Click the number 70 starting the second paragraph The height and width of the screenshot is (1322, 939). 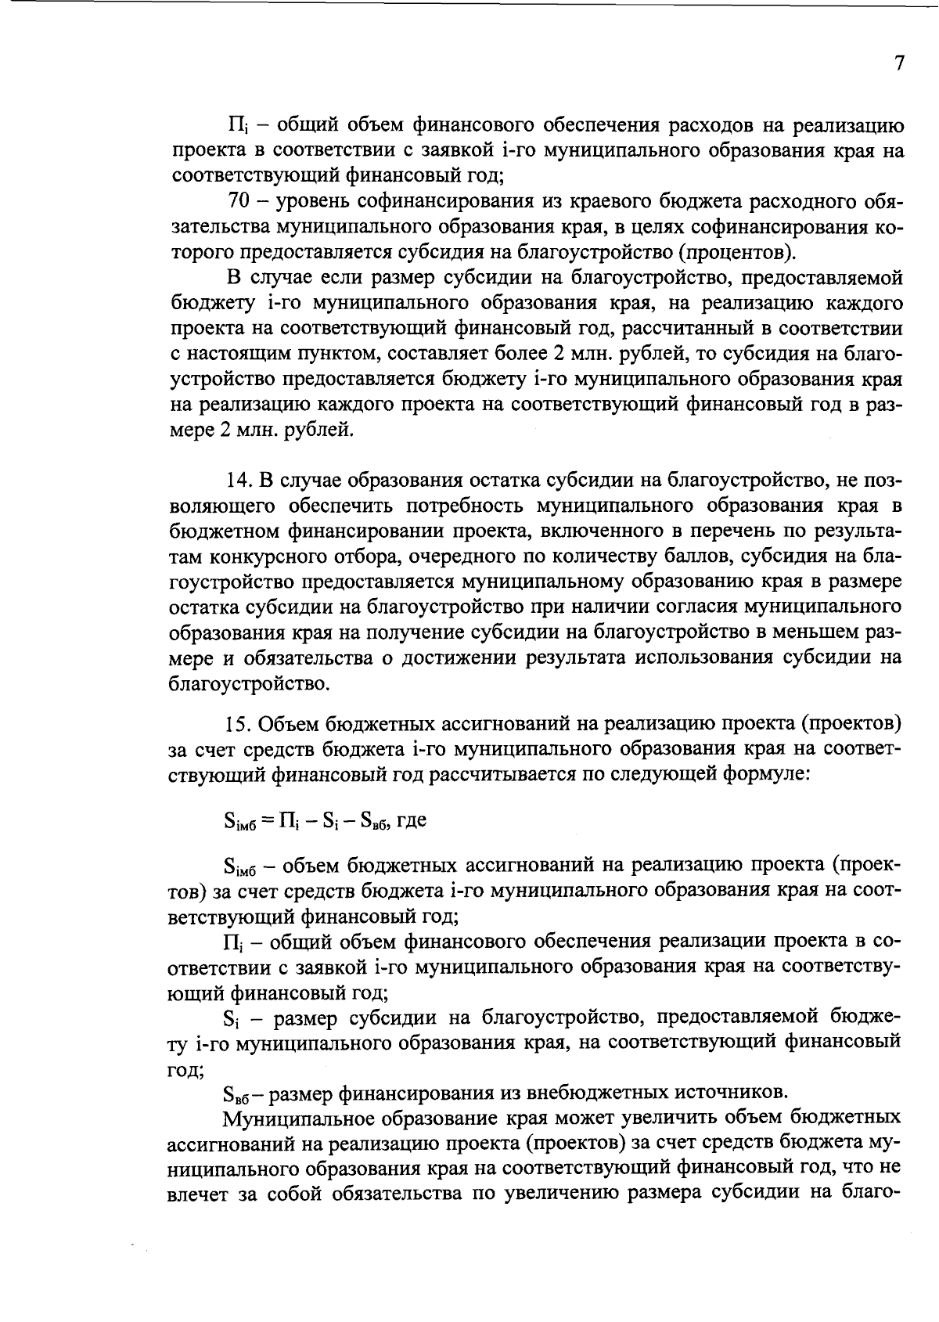238,203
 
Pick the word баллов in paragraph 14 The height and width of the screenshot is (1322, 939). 654,557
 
